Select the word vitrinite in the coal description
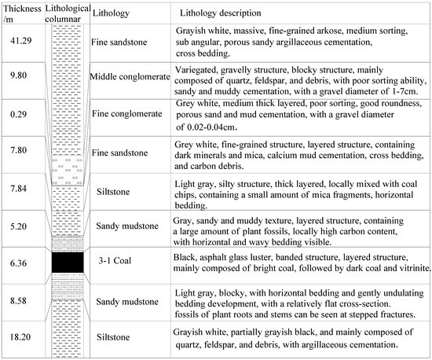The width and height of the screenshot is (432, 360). (412, 269)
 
